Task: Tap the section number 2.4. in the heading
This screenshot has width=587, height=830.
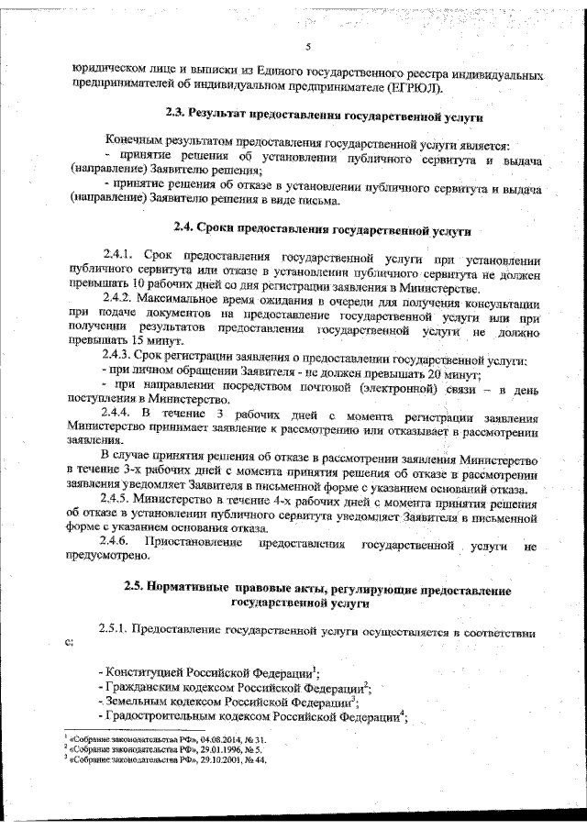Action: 187,225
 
